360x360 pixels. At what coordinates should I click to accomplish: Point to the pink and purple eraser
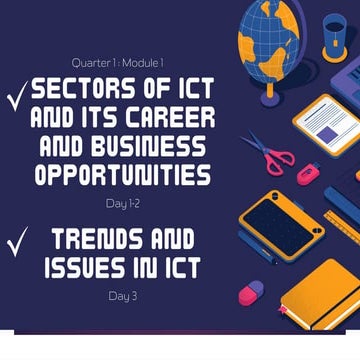tap(249, 291)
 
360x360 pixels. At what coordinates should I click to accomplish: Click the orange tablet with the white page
tap(326, 125)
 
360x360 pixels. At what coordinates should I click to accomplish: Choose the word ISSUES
tap(85, 268)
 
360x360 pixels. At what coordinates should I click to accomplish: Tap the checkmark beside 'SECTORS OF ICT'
tap(16, 95)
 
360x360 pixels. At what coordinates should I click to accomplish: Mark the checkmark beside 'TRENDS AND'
tap(16, 244)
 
